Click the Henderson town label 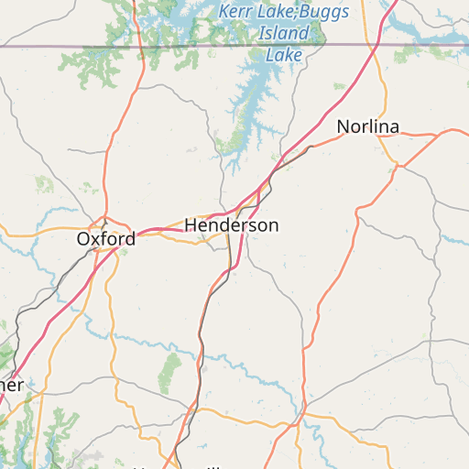click(x=232, y=225)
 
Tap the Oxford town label click(x=106, y=239)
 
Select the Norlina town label click(x=367, y=126)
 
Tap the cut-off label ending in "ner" click(x=10, y=386)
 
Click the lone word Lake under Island click(x=284, y=55)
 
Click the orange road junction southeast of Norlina click(x=399, y=166)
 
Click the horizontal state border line click(x=183, y=44)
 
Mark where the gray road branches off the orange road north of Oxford click(x=138, y=88)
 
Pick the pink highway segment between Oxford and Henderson click(x=156, y=230)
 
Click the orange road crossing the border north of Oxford click(x=136, y=44)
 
